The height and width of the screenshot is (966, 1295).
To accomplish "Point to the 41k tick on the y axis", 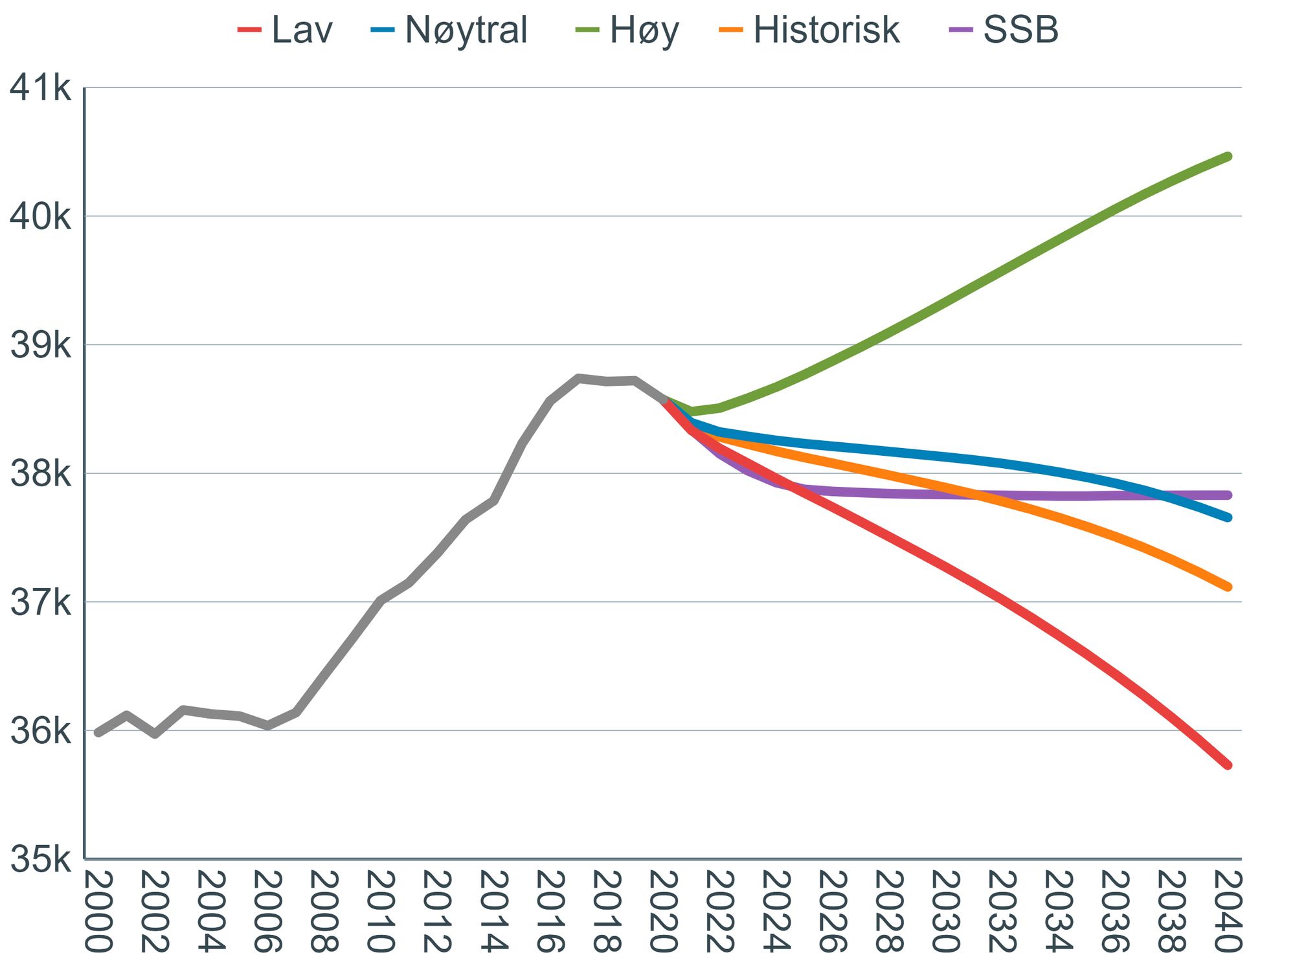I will pos(40,87).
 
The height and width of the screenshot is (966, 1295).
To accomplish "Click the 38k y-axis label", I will pos(40,474).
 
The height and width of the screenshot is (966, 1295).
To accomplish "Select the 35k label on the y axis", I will pos(40,860).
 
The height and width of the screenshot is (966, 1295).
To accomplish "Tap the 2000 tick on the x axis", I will pos(98,912).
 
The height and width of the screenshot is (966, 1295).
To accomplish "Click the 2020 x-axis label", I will pos(663,912).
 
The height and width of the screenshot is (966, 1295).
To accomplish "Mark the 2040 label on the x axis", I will pos(1228,912).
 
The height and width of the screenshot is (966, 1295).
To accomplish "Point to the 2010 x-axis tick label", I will pos(381,912).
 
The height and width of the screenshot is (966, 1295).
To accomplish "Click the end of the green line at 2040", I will pos(1228,156).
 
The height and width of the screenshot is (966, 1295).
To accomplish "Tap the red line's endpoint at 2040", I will pos(1228,765).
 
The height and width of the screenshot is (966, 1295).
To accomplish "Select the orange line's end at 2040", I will pos(1228,587).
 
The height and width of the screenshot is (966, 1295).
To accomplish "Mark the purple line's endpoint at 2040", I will pos(1228,495).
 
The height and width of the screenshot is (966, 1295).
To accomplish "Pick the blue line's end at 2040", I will pos(1228,517).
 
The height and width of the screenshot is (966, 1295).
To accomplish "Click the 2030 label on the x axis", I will pos(945,912).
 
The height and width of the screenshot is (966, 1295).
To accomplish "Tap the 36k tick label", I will pos(40,732).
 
